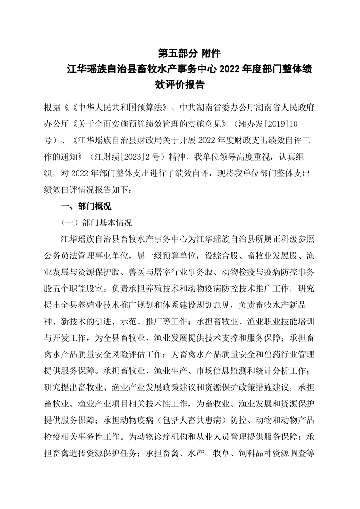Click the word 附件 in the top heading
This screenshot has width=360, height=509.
[210, 53]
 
